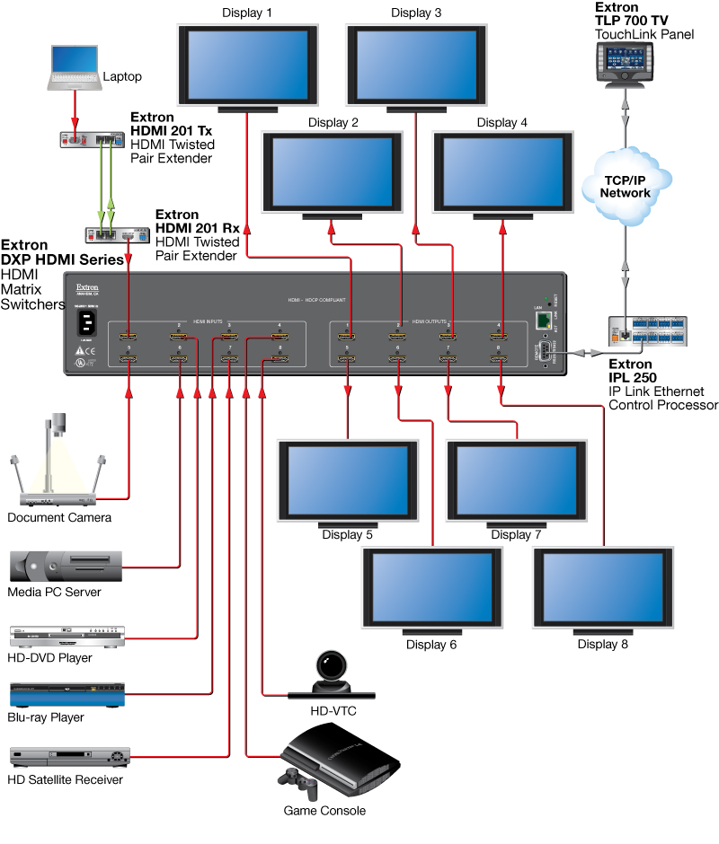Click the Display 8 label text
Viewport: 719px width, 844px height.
(603, 644)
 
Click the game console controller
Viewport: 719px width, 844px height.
(299, 783)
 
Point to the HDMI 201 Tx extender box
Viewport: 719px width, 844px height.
(90, 139)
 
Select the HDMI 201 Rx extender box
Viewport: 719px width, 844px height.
(115, 235)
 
